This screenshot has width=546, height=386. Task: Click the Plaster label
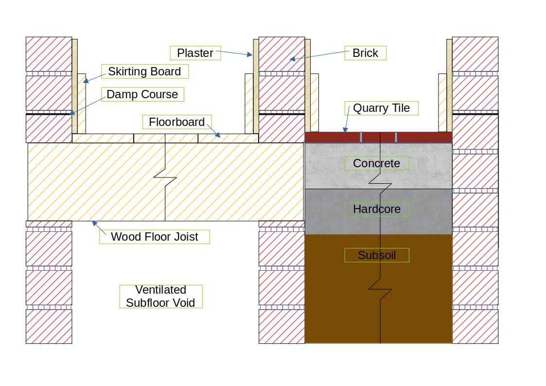(195, 53)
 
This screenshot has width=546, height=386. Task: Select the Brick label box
(365, 53)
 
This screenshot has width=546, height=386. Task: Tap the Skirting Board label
(144, 71)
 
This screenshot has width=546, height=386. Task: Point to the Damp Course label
(142, 94)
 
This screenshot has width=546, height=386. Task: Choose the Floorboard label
(177, 122)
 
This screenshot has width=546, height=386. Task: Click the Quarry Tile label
(381, 108)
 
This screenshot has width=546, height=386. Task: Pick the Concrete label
(376, 163)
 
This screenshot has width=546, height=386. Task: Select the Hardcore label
(376, 209)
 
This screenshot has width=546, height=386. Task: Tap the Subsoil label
(376, 255)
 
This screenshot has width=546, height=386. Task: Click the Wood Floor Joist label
(155, 237)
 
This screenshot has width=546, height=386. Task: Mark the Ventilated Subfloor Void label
(160, 297)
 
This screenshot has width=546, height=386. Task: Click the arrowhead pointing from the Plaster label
(250, 54)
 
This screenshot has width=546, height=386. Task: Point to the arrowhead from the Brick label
(293, 59)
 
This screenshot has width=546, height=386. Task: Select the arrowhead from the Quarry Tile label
(345, 130)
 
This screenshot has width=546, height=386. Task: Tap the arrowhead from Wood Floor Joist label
(94, 224)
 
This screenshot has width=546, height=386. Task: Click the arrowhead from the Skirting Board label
(86, 81)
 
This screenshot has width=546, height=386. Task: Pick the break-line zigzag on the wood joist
(165, 177)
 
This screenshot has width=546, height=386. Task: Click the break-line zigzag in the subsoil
(380, 289)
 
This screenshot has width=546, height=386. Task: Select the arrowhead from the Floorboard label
(218, 135)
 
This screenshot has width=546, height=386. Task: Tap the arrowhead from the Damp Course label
(72, 113)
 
